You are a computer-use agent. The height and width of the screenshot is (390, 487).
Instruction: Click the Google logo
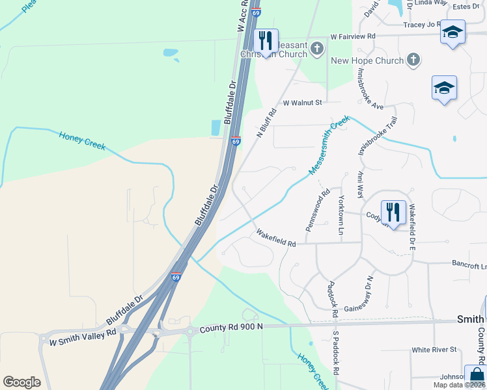click(21, 382)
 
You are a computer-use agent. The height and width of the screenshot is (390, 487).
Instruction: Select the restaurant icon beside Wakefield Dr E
click(393, 211)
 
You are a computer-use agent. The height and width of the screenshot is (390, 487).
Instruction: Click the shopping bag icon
click(476, 376)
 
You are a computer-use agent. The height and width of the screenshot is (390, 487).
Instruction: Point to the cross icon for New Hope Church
click(413, 60)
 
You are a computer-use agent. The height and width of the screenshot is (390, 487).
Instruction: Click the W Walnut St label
click(302, 103)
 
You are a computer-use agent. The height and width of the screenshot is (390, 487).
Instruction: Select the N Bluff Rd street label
click(267, 123)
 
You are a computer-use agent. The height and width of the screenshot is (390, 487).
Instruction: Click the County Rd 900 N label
click(231, 329)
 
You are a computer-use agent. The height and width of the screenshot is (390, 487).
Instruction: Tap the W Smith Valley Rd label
click(77, 337)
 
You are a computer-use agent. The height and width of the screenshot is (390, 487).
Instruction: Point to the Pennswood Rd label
click(318, 211)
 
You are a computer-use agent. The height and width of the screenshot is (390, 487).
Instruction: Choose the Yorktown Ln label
click(341, 214)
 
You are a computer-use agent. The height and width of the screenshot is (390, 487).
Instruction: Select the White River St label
click(434, 350)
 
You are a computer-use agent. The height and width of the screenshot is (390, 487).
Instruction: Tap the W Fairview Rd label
click(353, 37)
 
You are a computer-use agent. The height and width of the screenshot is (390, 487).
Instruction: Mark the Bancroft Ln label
click(470, 265)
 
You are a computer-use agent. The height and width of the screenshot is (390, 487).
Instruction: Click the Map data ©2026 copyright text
click(460, 385)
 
